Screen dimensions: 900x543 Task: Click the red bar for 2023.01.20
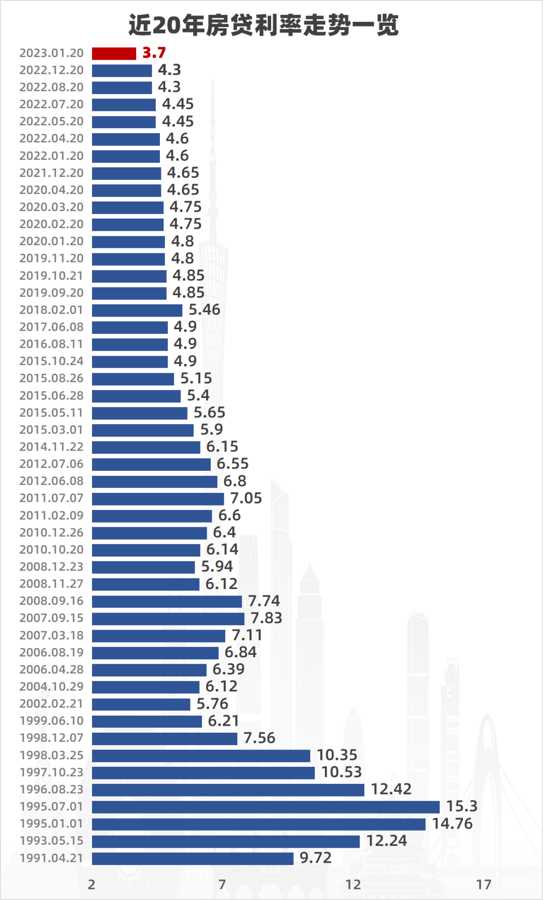coord(114,53)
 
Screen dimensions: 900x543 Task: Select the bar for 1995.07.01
coord(265,807)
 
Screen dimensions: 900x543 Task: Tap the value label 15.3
coord(462,807)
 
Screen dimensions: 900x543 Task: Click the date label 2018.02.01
coord(51,310)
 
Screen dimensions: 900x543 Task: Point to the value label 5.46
coord(204,310)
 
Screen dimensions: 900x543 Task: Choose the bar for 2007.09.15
coord(168,619)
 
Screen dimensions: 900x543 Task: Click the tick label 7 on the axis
coord(222,884)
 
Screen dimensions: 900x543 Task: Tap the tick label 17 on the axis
coord(484,884)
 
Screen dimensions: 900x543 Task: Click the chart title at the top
coord(263,25)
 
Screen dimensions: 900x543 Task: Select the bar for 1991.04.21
coord(193,858)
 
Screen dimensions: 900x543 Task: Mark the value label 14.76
coord(452,824)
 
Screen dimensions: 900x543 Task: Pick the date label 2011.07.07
coord(51,498)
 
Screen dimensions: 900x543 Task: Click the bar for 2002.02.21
coord(141,704)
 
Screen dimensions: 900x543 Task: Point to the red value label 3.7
coord(154,53)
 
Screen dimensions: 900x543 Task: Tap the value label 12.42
coord(391,789)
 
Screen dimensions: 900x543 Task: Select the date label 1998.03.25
coord(51,755)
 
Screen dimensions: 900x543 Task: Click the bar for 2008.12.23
coord(143,567)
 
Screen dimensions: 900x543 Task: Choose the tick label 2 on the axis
coord(92,884)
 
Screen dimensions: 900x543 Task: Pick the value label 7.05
coord(246,498)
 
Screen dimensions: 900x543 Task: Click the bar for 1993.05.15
coord(226,841)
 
